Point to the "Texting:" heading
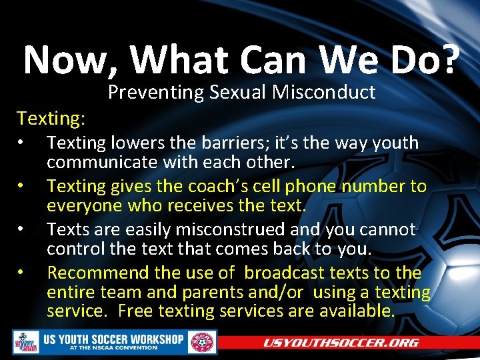tap(51, 119)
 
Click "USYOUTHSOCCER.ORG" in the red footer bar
tap(340, 343)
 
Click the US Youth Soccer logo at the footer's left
tap(26, 343)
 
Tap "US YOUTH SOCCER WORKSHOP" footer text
tap(113, 339)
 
